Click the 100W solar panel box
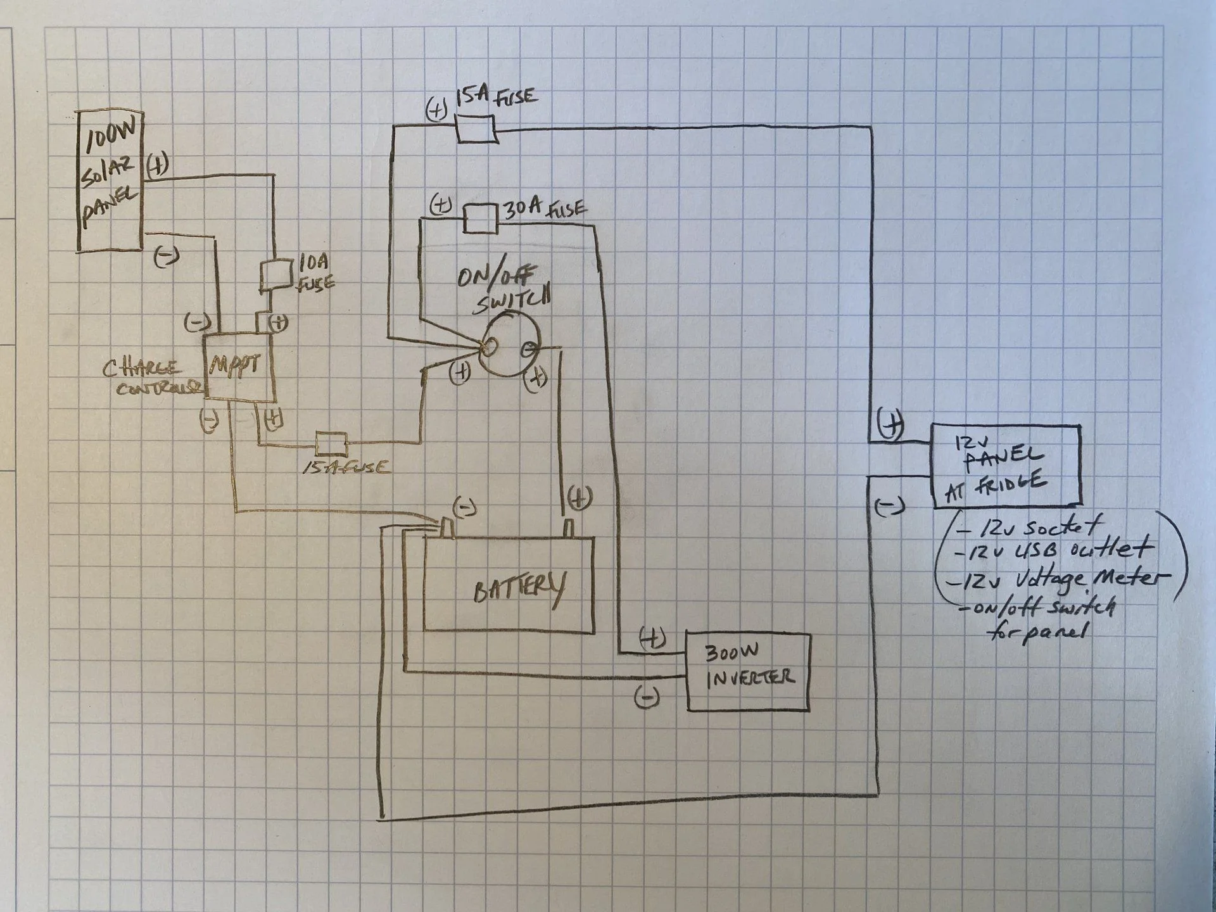110,182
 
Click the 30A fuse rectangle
481,218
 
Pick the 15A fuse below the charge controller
331,445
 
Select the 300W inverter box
748,671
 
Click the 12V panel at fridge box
1006,466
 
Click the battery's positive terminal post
568,528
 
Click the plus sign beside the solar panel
158,166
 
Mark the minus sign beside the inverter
647,697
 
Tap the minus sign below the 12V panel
889,505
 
